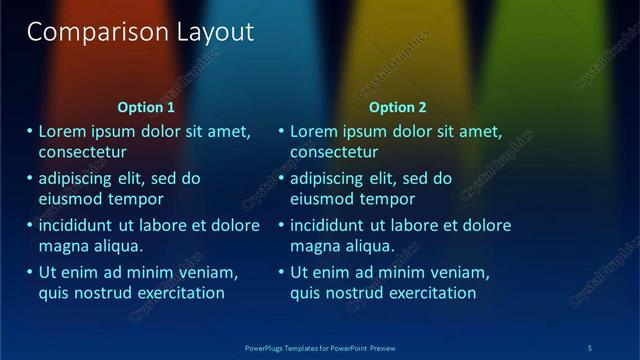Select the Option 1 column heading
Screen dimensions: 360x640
tap(146, 107)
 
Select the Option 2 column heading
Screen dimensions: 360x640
tap(397, 107)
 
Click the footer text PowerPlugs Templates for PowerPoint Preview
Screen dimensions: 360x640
tap(320, 347)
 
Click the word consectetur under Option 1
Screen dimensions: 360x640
tap(83, 152)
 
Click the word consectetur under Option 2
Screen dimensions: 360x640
tap(334, 152)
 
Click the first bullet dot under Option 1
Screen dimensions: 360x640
tap(29, 131)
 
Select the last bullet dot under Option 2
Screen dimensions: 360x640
tap(280, 272)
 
